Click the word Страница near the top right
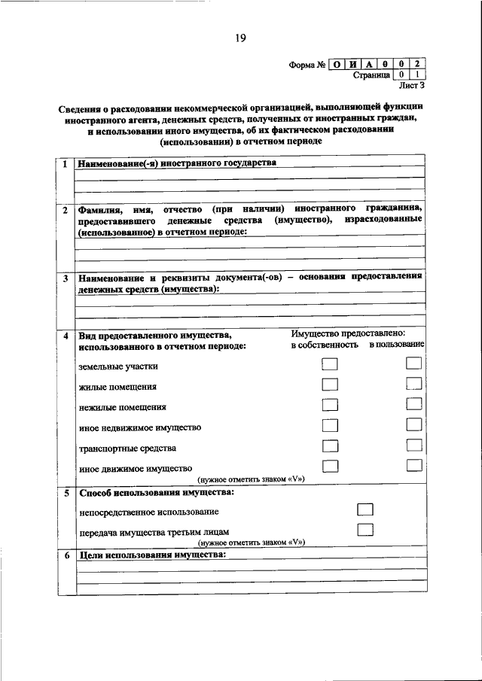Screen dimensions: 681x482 [371, 76]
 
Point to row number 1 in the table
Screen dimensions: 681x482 [66, 164]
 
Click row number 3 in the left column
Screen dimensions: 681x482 [66, 278]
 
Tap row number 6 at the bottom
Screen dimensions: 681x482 [66, 556]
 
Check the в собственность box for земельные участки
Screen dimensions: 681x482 [329, 364]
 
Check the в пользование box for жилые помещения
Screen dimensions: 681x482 [413, 385]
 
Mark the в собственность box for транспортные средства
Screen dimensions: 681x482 [329, 446]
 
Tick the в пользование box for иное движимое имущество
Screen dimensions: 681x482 [413, 467]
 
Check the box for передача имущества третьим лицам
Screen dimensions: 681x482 [365, 530]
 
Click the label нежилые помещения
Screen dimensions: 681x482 [122, 407]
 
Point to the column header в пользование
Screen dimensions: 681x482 [396, 345]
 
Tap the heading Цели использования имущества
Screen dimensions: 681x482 [151, 555]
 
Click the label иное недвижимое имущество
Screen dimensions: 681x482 [139, 427]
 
